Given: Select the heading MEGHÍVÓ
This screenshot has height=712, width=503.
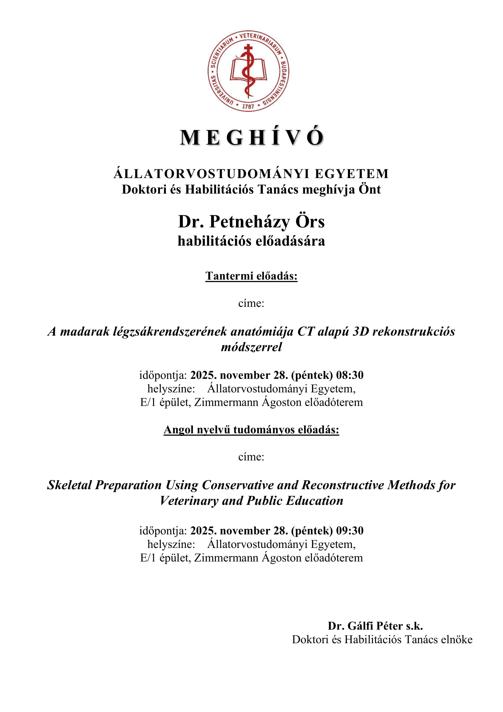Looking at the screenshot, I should coord(251,137).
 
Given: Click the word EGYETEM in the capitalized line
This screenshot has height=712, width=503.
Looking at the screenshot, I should coord(352,174).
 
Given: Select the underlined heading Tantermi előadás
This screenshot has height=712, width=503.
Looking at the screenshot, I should coord(251,276).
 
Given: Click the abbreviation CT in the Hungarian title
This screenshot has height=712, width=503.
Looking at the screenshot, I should coord(305,331).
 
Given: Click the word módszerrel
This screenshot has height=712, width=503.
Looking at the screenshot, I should coord(251,347).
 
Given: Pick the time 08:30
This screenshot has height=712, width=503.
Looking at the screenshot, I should coord(350,375).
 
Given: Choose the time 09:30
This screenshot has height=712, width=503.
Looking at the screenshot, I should coord(350,531).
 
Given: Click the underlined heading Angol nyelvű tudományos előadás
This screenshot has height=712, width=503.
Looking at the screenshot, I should coord(251,430).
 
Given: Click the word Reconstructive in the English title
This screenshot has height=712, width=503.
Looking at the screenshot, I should coord(342,485).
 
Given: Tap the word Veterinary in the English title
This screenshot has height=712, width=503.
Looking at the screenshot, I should coord(189,500).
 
